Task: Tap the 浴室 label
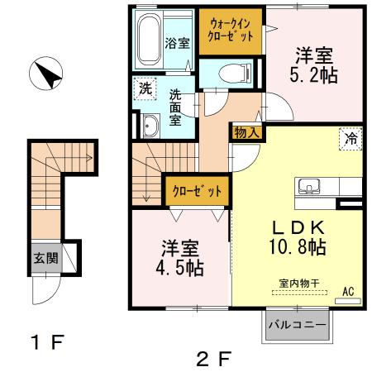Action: click(x=176, y=43)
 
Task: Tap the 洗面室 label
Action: click(x=176, y=106)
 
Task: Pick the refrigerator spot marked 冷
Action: click(x=351, y=139)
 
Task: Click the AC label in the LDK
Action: click(x=348, y=291)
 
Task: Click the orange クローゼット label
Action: click(x=197, y=191)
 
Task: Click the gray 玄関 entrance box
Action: click(x=43, y=257)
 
